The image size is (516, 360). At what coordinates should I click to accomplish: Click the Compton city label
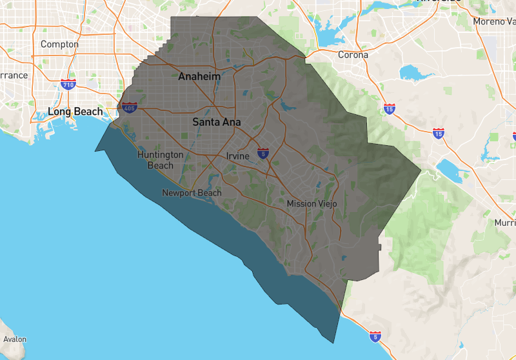(x=59, y=45)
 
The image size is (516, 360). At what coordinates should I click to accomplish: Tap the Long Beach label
(x=75, y=112)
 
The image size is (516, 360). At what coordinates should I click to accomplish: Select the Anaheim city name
(x=199, y=77)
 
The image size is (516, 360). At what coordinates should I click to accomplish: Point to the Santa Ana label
(x=217, y=121)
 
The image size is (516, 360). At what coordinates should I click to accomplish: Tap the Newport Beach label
(x=192, y=193)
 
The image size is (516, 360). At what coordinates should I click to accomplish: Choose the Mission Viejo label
(x=312, y=204)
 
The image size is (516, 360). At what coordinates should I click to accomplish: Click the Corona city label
(x=353, y=55)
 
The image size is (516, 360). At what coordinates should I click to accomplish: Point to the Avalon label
(x=15, y=339)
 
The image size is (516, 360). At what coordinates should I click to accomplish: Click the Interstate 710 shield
(x=68, y=85)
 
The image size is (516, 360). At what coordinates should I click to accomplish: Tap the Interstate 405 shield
(x=129, y=107)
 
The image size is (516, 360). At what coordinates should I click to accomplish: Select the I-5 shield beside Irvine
(x=263, y=153)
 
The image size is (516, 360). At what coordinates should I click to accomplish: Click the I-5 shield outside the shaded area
(x=375, y=336)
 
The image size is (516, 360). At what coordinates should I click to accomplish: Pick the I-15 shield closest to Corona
(x=389, y=109)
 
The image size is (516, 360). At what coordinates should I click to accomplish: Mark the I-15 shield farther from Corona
(x=439, y=133)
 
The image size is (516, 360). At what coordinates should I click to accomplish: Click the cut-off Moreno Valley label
(x=495, y=21)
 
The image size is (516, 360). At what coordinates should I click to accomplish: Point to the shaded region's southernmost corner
(x=335, y=343)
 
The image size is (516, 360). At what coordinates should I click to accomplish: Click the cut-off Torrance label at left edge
(x=13, y=75)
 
